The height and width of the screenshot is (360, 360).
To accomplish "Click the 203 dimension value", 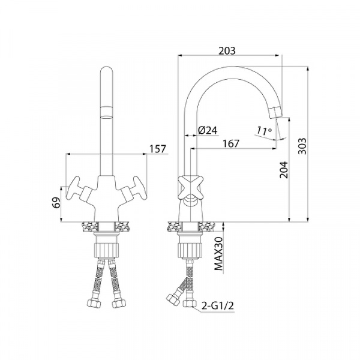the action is (227, 50).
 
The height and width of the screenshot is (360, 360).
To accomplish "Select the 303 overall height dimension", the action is (302, 146).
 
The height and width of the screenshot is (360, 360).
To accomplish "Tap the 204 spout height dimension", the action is (284, 170).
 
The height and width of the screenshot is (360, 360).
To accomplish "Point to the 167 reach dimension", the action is (231, 143).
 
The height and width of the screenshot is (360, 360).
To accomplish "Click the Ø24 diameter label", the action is (208, 130).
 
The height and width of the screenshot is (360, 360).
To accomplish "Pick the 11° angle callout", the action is (264, 131).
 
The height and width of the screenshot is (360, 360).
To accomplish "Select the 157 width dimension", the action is (157, 149).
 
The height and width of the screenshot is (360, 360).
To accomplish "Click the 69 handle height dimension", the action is (57, 202).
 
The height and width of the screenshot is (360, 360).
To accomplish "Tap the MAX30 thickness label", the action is (218, 253).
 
